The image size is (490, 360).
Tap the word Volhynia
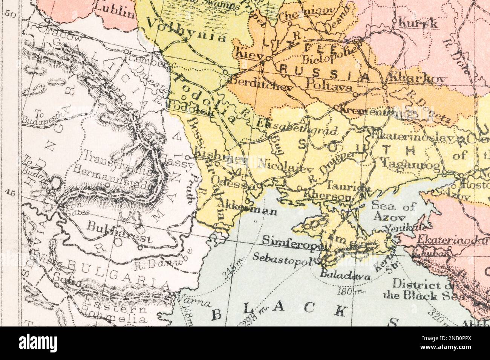[186, 31]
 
